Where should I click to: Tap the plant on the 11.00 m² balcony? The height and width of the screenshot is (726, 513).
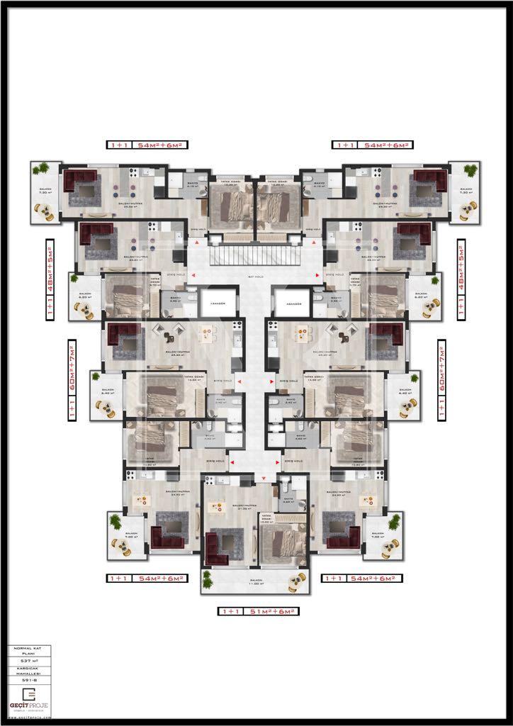207,576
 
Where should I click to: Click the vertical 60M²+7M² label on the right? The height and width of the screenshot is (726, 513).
443,380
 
